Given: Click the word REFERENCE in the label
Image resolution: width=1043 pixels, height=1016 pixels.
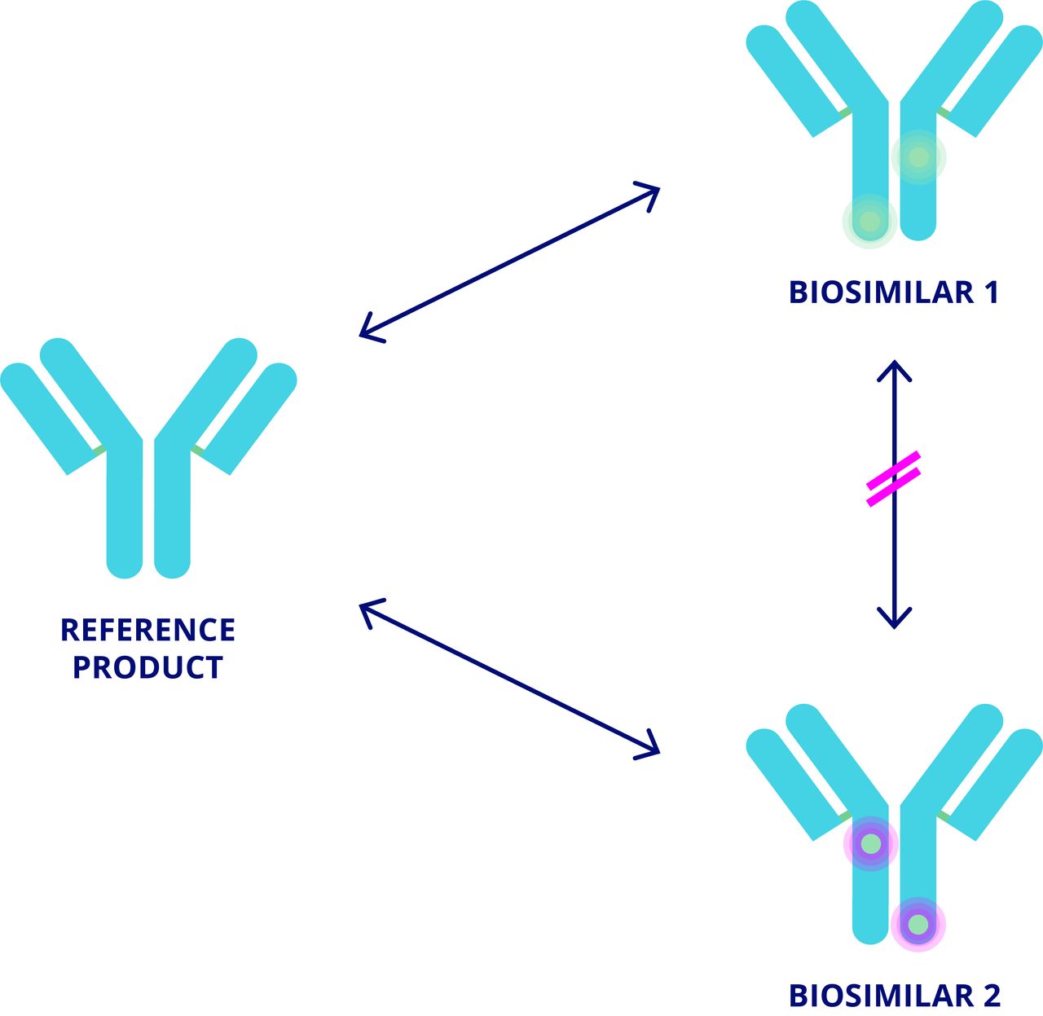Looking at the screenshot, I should click(147, 630).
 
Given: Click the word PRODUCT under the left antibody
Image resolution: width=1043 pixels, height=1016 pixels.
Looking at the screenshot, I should click(147, 667).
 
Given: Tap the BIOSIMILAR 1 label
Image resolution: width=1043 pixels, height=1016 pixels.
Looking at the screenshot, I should click(893, 292).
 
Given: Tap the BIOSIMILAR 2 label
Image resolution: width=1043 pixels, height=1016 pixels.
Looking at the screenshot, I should click(893, 996).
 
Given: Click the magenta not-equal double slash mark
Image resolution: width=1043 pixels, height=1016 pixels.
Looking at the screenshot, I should click(894, 479).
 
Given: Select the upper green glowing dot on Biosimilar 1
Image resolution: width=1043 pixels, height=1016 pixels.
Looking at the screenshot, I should click(918, 156).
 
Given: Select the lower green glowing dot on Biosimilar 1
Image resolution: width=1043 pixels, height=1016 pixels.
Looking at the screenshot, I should click(869, 221).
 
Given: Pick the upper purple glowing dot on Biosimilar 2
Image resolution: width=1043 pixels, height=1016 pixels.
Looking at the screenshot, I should click(871, 843).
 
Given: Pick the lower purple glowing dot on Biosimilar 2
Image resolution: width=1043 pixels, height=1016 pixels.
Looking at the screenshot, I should click(918, 925).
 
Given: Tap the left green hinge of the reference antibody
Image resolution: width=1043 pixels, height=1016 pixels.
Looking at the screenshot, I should click(99, 449).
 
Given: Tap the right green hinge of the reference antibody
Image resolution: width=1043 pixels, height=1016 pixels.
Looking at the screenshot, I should click(198, 449).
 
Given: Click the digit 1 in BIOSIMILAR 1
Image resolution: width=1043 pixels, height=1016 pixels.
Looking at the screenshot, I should click(991, 292).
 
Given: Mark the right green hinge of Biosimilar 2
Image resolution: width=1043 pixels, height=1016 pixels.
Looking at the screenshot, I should click(944, 816).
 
